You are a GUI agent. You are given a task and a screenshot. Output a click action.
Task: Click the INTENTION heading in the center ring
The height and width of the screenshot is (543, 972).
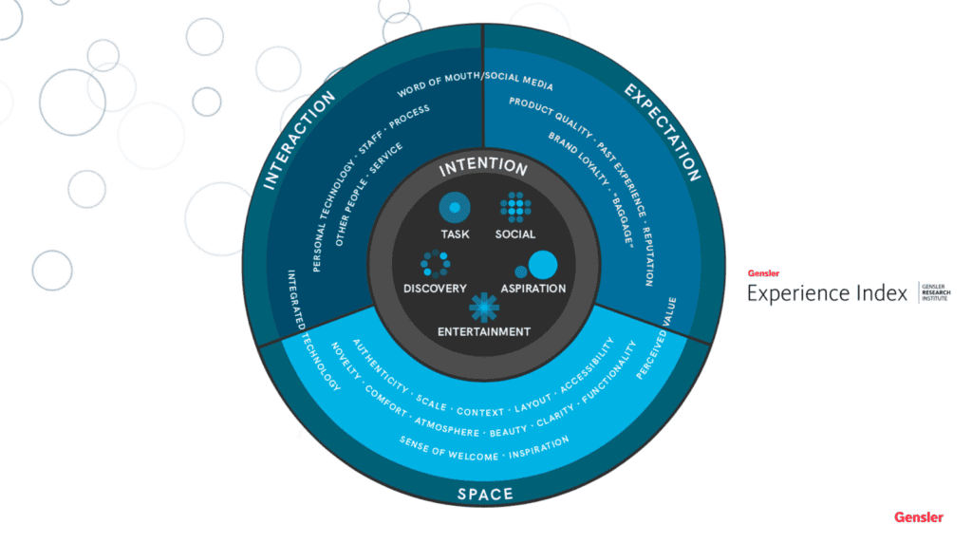pos(483,167)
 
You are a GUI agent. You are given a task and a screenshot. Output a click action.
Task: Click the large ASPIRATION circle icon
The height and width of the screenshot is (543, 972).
pos(542,264)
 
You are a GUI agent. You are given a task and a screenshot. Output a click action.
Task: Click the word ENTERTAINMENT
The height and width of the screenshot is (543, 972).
pos(483,332)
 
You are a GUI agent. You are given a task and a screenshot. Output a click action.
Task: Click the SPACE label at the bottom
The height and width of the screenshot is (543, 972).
pos(485,494)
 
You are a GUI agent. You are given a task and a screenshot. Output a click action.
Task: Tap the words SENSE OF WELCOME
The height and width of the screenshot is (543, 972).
pos(449,451)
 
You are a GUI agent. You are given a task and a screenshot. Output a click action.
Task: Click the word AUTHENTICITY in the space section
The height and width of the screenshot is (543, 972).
pos(380,365)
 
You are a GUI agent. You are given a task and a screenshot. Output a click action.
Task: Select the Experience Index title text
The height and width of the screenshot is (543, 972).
pos(827,293)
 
